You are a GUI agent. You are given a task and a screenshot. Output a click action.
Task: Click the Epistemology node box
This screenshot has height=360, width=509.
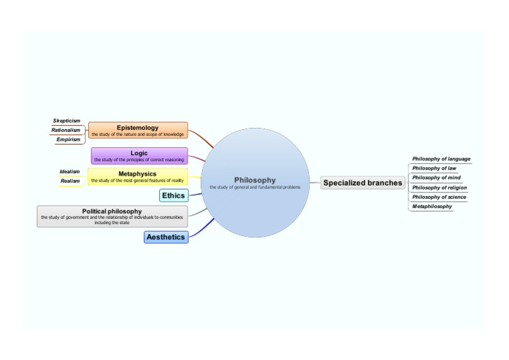[x=138, y=130]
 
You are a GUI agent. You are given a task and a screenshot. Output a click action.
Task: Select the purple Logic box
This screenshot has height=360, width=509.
[x=139, y=156]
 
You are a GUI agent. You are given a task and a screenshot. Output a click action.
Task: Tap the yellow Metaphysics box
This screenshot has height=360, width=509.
[x=137, y=176]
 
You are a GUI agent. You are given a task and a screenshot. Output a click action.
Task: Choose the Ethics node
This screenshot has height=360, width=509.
[x=174, y=196]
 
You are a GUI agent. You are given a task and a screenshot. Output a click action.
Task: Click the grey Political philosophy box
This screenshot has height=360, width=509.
[x=112, y=216]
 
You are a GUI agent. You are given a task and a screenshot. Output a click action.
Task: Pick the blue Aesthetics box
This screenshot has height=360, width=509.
[x=166, y=237]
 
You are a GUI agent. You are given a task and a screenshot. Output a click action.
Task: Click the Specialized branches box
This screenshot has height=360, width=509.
[x=363, y=183]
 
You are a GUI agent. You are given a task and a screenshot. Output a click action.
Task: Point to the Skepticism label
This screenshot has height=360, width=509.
[x=66, y=121]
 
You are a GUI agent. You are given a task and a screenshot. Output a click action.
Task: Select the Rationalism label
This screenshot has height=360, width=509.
[x=66, y=130]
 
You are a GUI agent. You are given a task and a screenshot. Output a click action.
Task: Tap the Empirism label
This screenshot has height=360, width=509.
[x=68, y=139]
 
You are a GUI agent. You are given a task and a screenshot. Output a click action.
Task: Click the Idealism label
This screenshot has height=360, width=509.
[x=70, y=171]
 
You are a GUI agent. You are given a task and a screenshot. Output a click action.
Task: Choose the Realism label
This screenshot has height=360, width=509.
[x=70, y=180]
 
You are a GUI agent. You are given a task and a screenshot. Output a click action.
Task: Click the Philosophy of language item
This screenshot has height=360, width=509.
[x=441, y=159]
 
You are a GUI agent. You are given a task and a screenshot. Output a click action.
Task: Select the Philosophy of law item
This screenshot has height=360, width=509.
[x=434, y=168]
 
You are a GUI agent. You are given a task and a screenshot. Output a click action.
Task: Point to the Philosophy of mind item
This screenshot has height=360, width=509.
[x=436, y=178]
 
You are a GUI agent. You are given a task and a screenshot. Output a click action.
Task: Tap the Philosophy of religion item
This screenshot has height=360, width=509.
[x=439, y=188]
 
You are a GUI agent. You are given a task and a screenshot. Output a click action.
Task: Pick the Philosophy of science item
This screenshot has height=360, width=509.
[x=439, y=197]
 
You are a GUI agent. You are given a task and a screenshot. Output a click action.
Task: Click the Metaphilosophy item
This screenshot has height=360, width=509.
[x=432, y=206]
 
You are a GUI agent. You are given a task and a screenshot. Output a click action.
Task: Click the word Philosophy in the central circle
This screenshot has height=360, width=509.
[x=255, y=180]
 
